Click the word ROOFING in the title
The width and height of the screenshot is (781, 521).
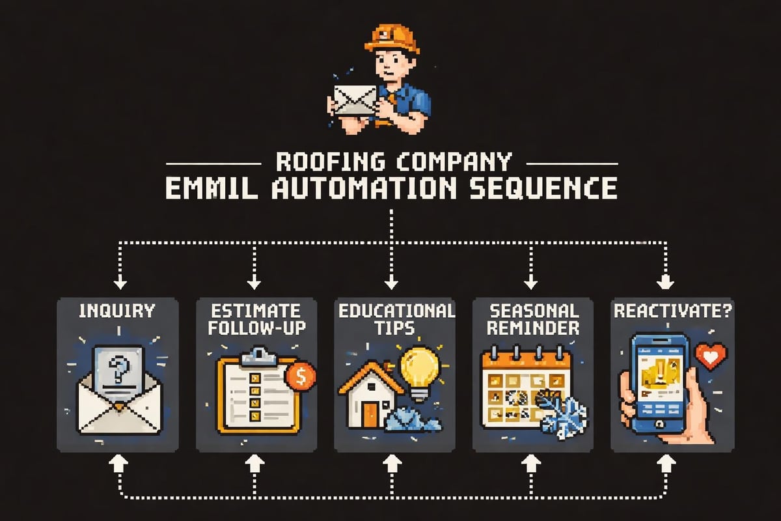tap(324, 161)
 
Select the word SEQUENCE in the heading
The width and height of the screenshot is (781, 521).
tap(546, 188)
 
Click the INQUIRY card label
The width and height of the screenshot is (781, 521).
tap(118, 311)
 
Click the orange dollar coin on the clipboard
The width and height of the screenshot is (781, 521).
tap(301, 376)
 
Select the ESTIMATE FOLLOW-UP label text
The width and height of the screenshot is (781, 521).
tap(256, 319)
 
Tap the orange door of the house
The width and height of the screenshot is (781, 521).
tap(370, 415)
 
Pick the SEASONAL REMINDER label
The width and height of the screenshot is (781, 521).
tap(532, 319)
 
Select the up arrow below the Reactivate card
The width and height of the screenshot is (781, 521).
tap(665, 463)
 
